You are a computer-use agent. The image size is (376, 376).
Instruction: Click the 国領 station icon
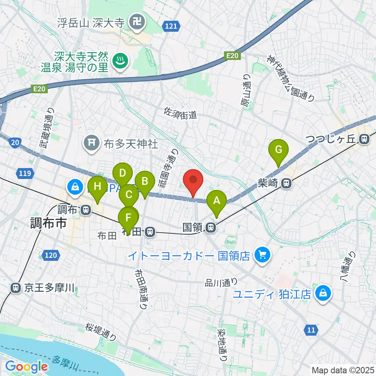[211, 227]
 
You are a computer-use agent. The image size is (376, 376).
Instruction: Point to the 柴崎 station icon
[287, 183]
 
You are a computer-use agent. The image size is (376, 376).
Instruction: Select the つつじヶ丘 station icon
[365, 139]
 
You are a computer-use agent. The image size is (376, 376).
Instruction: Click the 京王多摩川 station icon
[16, 288]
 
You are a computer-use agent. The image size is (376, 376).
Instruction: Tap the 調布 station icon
[85, 210]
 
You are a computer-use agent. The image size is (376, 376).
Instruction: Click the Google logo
[27, 367]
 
